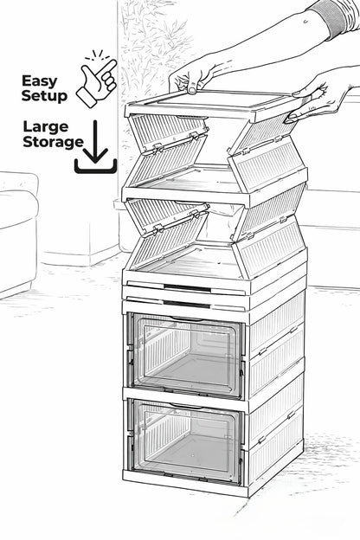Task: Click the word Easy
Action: pos(39,81)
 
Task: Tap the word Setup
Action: pos(44,95)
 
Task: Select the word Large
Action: pos(46,127)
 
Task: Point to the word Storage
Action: pos(53,142)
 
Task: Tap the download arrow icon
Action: pos(95,147)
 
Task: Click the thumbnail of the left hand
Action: pos(192,91)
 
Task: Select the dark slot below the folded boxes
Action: pos(187,288)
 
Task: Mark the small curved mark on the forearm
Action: pos(305,22)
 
